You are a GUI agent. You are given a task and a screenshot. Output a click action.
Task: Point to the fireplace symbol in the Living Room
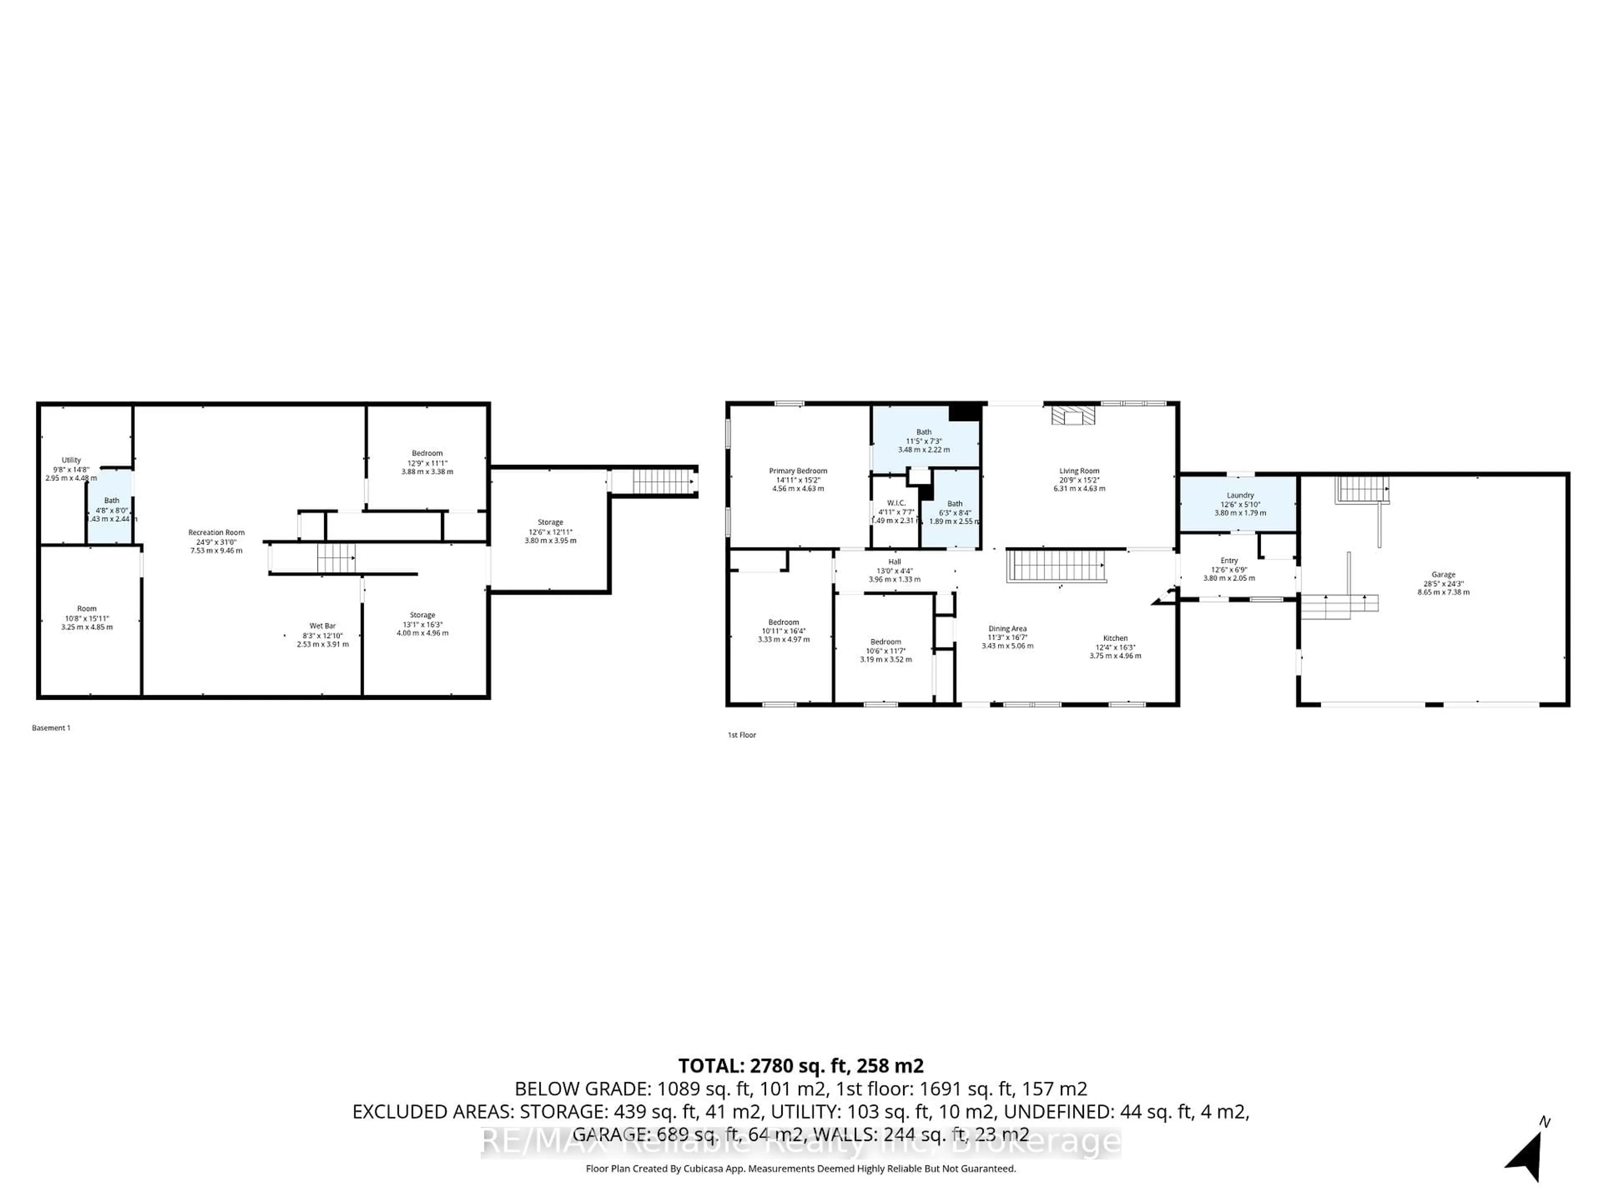coord(1073,415)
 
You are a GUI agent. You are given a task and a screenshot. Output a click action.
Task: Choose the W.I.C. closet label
coord(896,503)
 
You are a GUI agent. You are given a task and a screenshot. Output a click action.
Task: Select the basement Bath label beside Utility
coord(111,501)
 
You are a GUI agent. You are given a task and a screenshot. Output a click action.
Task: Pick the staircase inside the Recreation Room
coord(336,558)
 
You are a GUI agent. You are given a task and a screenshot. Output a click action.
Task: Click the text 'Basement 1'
coord(51,728)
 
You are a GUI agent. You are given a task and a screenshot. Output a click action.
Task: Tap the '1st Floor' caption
coord(742,735)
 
